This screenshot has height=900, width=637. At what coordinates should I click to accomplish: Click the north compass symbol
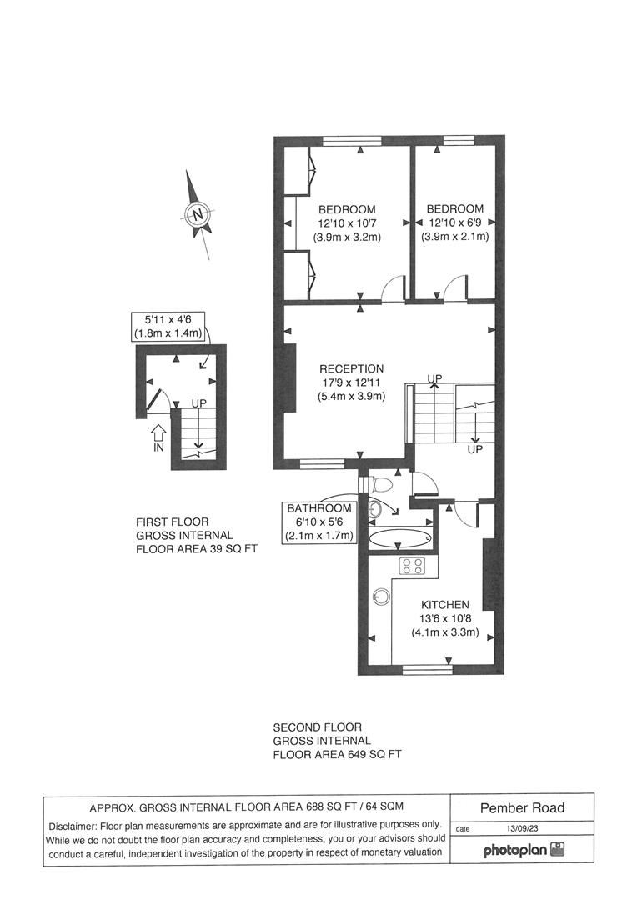coord(198,214)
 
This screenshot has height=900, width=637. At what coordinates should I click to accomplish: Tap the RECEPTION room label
coord(351,368)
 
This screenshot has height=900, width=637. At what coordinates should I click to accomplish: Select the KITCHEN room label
coord(444,604)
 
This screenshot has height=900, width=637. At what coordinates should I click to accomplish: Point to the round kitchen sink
coord(382,597)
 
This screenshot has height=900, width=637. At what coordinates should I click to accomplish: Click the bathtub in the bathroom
coord(399,539)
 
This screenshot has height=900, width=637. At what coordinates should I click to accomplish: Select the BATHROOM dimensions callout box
coord(319,522)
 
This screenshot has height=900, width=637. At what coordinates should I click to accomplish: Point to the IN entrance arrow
coord(159,435)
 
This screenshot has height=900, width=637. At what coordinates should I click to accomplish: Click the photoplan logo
coord(523,851)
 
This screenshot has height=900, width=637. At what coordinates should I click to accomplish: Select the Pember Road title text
coord(522,807)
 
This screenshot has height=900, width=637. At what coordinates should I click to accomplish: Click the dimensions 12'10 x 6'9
coord(454,222)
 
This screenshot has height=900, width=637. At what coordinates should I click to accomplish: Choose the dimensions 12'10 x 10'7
coord(346,222)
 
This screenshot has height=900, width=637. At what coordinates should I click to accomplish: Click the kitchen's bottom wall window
coord(427,669)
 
